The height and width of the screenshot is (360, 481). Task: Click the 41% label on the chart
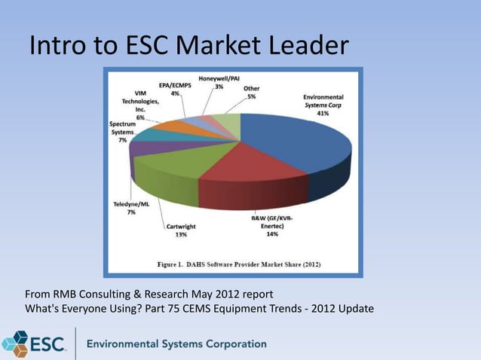pos(323,114)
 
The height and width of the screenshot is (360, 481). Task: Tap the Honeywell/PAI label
pos(219,78)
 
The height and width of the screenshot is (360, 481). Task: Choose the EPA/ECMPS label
pos(175,86)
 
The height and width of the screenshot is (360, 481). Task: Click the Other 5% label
pos(251,91)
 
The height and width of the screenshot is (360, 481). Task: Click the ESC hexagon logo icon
pos(14,343)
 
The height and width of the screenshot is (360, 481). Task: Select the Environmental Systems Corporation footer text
pos(176,344)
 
